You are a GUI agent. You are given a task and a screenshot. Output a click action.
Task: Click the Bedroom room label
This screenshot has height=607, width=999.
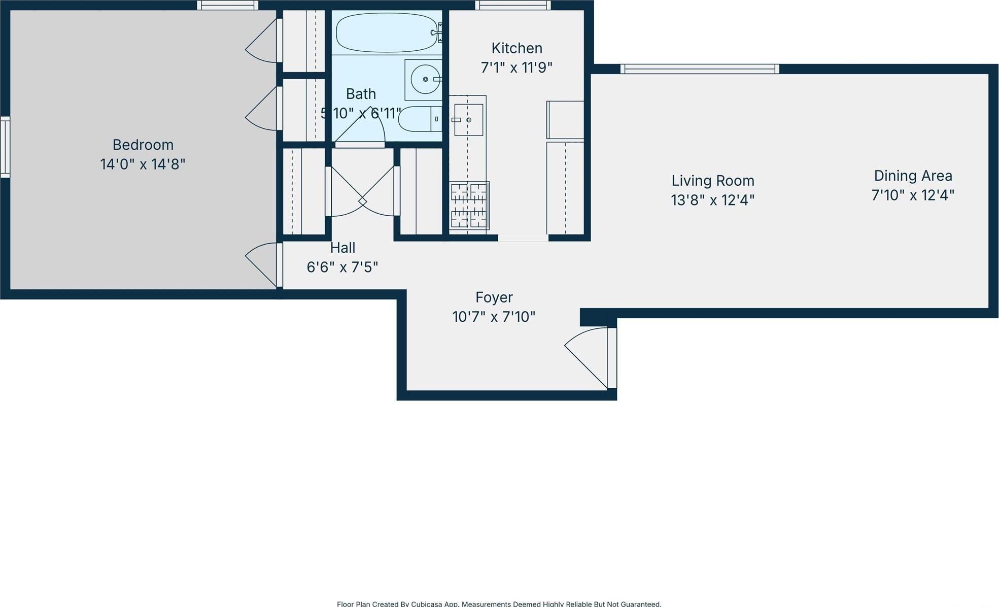click(143, 145)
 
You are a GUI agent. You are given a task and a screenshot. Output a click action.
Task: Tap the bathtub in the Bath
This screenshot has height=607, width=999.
click(386, 32)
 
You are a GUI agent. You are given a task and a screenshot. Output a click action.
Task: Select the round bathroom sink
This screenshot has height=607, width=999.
click(425, 79)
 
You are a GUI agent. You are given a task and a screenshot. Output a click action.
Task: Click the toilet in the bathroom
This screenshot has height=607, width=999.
click(419, 119)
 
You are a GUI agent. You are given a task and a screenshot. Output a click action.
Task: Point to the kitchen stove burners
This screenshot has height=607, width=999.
click(469, 206)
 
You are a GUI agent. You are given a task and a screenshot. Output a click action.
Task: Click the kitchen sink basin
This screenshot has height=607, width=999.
click(468, 120)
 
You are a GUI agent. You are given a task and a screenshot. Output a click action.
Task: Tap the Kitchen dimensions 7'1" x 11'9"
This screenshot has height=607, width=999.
click(516, 68)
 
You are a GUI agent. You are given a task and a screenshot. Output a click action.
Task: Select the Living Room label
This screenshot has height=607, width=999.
click(712, 181)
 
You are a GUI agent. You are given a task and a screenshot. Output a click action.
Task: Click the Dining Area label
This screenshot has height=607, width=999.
click(912, 176)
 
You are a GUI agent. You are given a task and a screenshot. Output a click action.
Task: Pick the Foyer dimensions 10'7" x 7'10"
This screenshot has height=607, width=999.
click(493, 317)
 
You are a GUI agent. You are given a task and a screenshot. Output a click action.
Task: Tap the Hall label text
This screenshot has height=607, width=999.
click(342, 248)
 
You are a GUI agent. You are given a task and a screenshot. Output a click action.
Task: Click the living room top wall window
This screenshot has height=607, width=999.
click(699, 69)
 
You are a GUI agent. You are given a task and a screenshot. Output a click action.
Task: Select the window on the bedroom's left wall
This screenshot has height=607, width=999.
click(5, 147)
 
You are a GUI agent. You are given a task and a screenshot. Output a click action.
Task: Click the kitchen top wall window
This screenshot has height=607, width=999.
click(512, 6)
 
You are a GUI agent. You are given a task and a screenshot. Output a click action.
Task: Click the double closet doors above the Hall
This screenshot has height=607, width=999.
click(362, 192)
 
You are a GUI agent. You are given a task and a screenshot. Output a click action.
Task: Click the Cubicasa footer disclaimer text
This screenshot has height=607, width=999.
click(499, 603)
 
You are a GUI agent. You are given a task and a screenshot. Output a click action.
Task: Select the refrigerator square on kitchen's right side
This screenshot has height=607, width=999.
click(565, 120)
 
